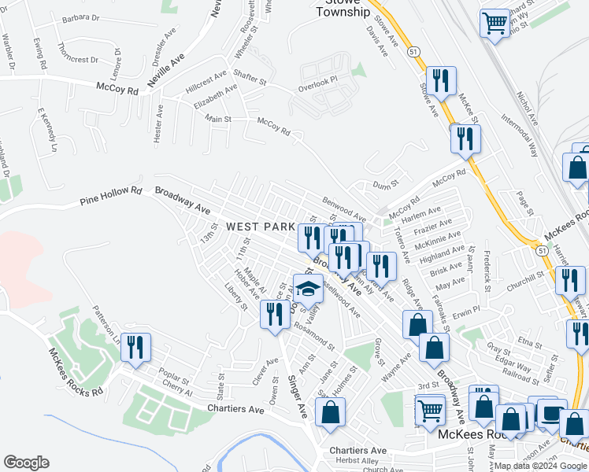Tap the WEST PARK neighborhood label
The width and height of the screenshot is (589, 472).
(x=260, y=227)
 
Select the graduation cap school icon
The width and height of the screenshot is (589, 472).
(x=309, y=289)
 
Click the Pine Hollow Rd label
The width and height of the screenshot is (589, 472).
(x=110, y=196)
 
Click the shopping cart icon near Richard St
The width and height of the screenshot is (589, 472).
(x=495, y=23)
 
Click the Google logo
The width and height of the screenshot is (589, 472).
(x=26, y=462)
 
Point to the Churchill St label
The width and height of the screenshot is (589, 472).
(x=526, y=278)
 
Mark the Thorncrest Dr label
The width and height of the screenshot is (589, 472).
(x=77, y=59)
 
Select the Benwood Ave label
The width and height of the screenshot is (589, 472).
(x=345, y=208)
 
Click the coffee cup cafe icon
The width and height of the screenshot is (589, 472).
(x=551, y=412)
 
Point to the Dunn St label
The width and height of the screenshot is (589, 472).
(x=383, y=185)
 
